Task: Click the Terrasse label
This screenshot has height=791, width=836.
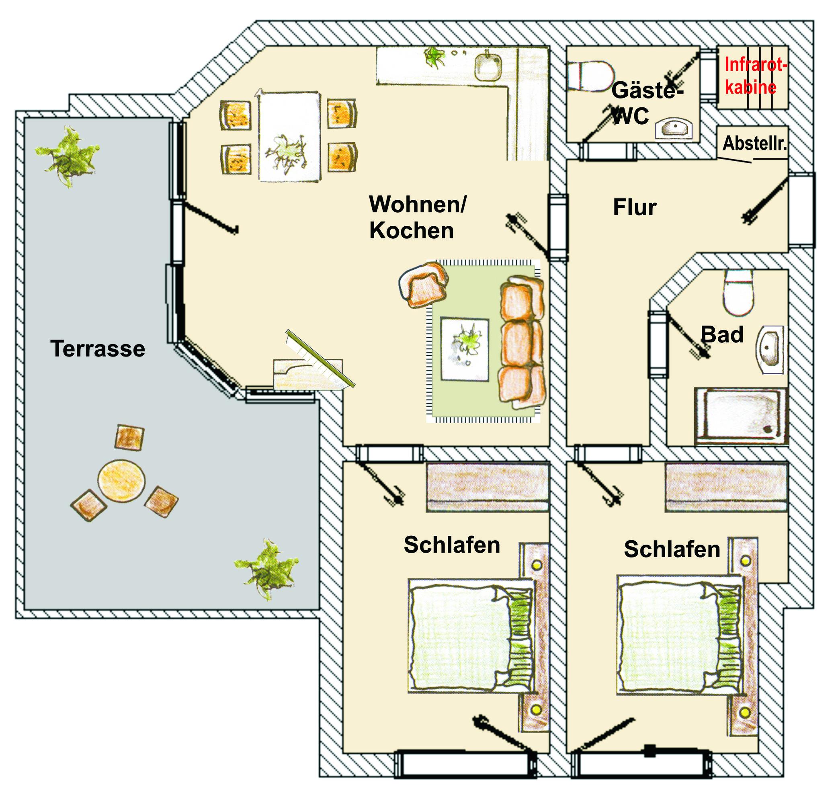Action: (97, 349)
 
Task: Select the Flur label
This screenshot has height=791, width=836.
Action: (635, 207)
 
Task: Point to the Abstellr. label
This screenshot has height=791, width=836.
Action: (755, 144)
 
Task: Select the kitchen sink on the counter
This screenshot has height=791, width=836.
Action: (489, 67)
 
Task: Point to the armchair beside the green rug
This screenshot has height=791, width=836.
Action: (423, 285)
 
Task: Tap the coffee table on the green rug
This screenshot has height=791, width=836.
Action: (465, 350)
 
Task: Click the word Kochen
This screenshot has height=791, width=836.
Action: (412, 231)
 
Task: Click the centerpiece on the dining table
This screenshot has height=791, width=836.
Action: (287, 150)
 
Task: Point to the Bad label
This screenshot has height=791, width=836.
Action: (722, 335)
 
